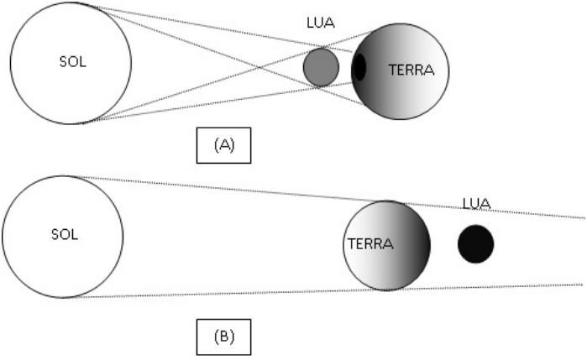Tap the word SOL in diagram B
tap(64, 234)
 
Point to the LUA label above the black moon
tap(475, 204)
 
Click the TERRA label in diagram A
tap(411, 70)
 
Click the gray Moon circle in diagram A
tap(320, 67)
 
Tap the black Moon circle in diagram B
tap(475, 243)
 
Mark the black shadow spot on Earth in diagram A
tap(359, 67)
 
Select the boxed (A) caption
tap(223, 144)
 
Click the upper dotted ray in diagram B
tap(252, 189)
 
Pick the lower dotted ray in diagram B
tap(252, 293)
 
